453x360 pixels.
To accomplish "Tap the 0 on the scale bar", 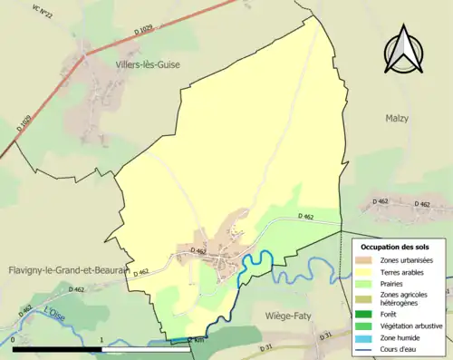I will pyautogui.click(x=14, y=339).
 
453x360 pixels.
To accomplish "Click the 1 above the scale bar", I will pyautogui.click(x=102, y=339).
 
